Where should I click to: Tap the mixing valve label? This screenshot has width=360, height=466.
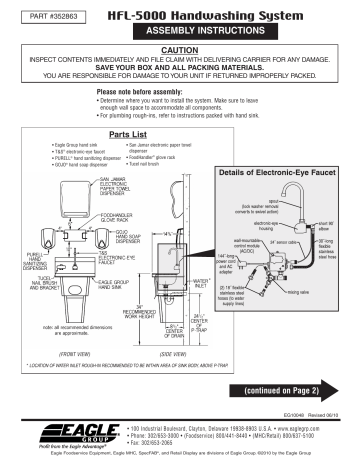point(313,292)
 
